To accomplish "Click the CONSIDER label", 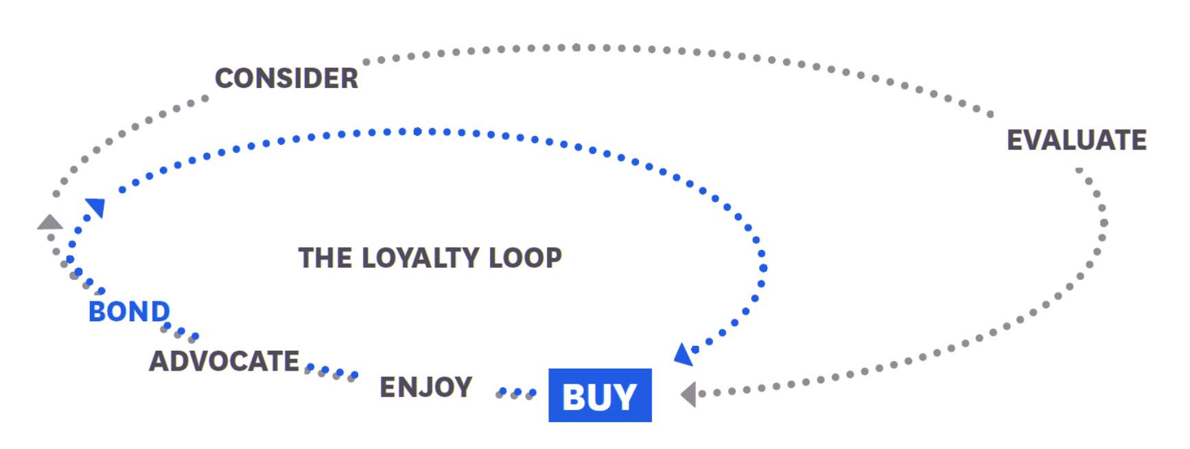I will [286, 78].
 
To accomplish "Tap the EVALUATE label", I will [1076, 141].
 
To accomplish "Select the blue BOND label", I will [129, 312].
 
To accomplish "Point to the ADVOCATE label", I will [224, 361].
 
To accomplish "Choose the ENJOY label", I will [425, 387].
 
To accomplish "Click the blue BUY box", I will [600, 395].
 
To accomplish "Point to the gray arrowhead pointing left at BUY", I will [688, 394].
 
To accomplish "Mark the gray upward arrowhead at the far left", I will [49, 222].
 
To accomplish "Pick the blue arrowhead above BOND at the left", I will [96, 206].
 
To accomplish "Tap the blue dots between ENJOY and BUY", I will [516, 393].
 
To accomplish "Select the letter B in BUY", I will [574, 397].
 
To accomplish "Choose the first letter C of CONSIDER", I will [226, 78].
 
